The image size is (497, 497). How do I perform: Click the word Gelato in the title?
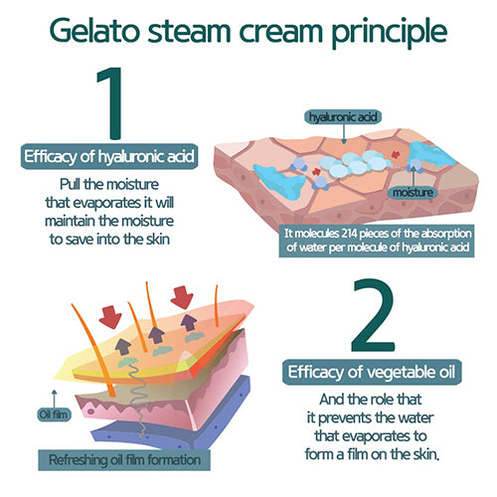(x=94, y=31)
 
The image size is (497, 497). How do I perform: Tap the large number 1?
(x=111, y=103)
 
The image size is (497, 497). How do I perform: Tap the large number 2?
(x=373, y=315)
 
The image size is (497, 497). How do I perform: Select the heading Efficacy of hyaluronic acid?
(x=109, y=156)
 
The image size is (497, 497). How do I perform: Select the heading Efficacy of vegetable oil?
(x=372, y=372)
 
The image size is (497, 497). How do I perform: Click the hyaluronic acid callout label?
(x=343, y=117)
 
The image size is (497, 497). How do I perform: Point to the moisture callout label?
(x=413, y=192)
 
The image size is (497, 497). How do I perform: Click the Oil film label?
(x=54, y=414)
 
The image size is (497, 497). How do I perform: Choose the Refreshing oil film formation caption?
(x=124, y=460)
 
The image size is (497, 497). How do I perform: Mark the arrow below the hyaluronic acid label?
(x=344, y=134)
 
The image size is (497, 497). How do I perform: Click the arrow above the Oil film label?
(x=55, y=399)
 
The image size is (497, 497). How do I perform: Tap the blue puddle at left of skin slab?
(x=281, y=182)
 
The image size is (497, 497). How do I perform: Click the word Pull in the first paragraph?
(x=70, y=184)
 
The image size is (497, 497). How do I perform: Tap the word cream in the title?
(x=281, y=33)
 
